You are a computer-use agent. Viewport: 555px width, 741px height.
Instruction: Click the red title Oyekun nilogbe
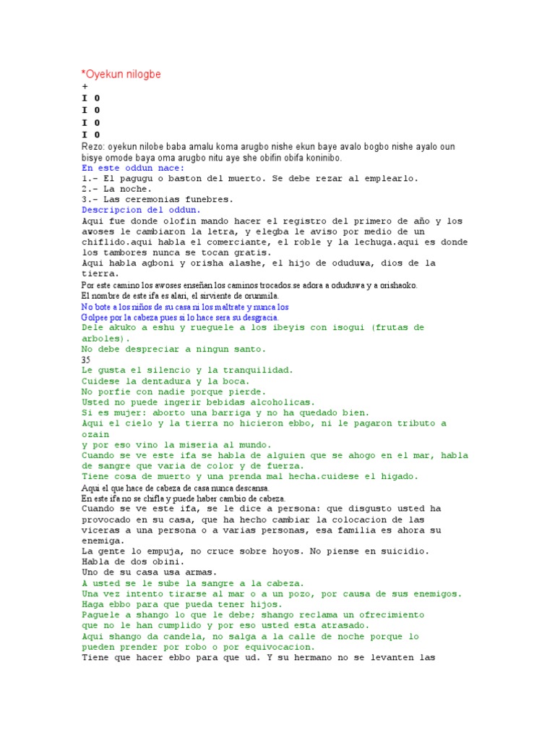pyautogui.click(x=122, y=74)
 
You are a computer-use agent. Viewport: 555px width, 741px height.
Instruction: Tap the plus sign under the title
pyautogui.click(x=85, y=86)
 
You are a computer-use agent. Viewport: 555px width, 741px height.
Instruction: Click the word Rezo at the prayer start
pyautogui.click(x=92, y=147)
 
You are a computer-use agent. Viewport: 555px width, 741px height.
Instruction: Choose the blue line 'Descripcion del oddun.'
pyautogui.click(x=142, y=210)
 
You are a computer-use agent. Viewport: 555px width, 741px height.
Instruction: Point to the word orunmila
pyautogui.click(x=258, y=296)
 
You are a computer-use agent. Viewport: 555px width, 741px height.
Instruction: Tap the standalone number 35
pyautogui.click(x=87, y=360)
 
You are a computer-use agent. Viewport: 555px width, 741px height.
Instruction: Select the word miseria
pyautogui.click(x=192, y=445)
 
